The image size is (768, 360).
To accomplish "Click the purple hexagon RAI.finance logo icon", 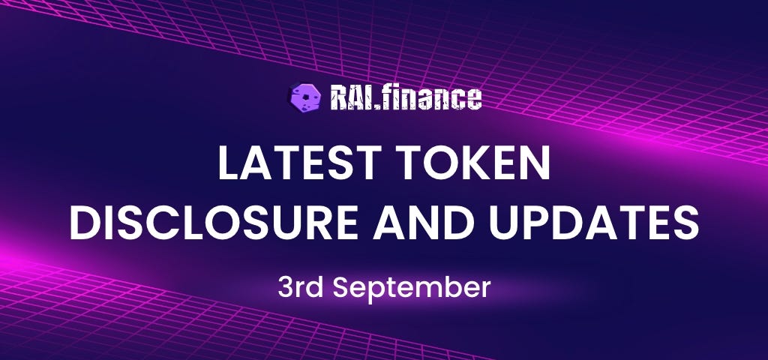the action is [x=306, y=97].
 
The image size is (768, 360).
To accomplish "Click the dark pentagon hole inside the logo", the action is [x=306, y=97].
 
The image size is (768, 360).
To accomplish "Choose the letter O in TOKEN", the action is [x=439, y=163].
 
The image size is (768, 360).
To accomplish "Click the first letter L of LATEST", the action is [x=229, y=163].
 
